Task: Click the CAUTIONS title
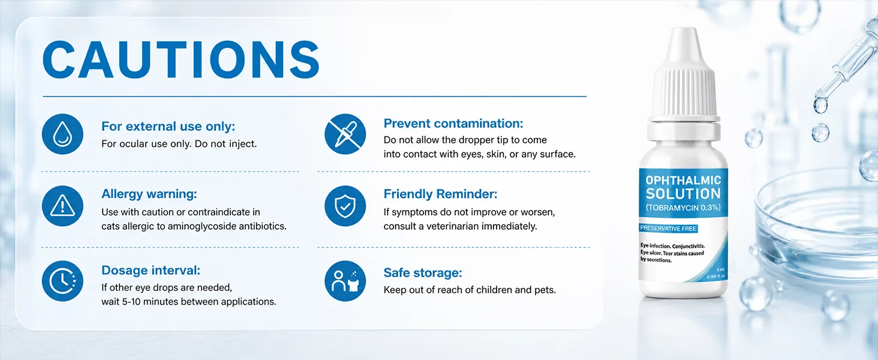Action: [x=181, y=59]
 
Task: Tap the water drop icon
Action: [x=62, y=134]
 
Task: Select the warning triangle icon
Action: [x=62, y=206]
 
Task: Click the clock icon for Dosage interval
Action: [x=62, y=281]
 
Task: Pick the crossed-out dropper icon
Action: [x=345, y=134]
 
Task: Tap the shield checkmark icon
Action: [x=345, y=206]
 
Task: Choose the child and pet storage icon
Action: [x=345, y=281]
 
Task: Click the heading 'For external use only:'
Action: [x=168, y=126]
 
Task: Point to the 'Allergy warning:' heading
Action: [x=149, y=194]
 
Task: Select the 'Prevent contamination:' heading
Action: [x=453, y=124]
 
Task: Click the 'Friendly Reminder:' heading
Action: [x=440, y=194]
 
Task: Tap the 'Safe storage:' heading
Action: [x=423, y=272]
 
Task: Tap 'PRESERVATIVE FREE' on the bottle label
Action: [x=668, y=228]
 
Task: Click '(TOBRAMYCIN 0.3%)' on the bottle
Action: [x=683, y=208]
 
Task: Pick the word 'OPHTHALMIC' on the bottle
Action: [x=683, y=180]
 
